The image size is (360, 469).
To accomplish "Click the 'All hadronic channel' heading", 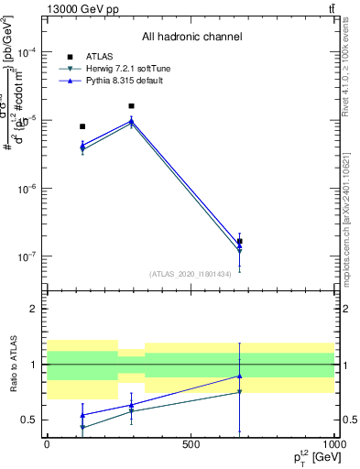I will pos(191,37).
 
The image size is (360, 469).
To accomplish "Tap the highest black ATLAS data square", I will pos(132,106).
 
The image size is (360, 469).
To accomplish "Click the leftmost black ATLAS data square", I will pos(82,126).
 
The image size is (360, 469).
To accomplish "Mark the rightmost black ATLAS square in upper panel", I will pos(239,242).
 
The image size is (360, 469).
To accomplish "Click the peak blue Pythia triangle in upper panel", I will pos(132,120).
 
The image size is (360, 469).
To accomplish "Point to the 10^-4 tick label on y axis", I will pos(26,53).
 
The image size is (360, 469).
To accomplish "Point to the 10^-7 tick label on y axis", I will pos(26,257).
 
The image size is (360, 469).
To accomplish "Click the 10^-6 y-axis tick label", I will pos(26,190).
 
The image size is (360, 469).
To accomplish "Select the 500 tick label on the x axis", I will pos(191,443).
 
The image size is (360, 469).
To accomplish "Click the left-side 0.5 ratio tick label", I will pos(29,420).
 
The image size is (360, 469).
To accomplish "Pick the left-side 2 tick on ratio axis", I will pos(34,309).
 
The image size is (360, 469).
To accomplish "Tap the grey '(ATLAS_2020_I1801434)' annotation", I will pos(191,274).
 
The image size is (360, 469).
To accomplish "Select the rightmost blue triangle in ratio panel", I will pos(239,376).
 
